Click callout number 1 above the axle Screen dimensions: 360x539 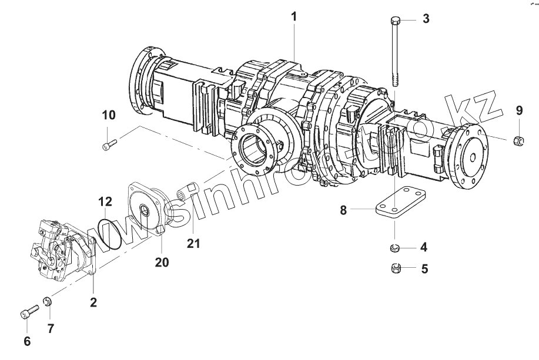pyautogui.click(x=293, y=17)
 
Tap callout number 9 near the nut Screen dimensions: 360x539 pyautogui.click(x=519, y=110)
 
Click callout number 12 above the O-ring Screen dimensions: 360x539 pyautogui.click(x=105, y=202)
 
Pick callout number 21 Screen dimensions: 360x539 pyautogui.click(x=193, y=242)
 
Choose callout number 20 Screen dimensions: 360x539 pyautogui.click(x=162, y=262)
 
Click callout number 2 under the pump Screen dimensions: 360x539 pyautogui.click(x=93, y=303)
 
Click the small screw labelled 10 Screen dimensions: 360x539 pyautogui.click(x=109, y=142)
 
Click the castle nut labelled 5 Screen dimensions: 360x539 pyautogui.click(x=396, y=269)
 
